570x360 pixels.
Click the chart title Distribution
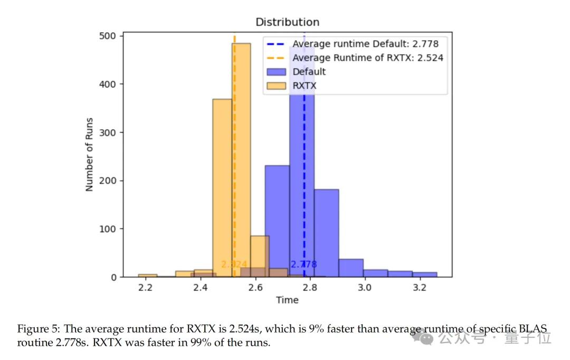[287, 22]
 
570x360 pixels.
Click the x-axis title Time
[287, 300]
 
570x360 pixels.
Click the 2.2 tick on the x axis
[145, 288]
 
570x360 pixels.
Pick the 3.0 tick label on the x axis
[364, 288]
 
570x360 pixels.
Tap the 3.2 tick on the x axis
[419, 288]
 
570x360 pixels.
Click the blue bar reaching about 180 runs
[326, 232]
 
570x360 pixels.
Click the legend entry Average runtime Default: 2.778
[365, 44]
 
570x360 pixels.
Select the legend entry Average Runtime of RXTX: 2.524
[368, 58]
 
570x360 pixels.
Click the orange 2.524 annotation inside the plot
[234, 264]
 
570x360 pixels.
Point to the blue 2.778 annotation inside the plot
[303, 264]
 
